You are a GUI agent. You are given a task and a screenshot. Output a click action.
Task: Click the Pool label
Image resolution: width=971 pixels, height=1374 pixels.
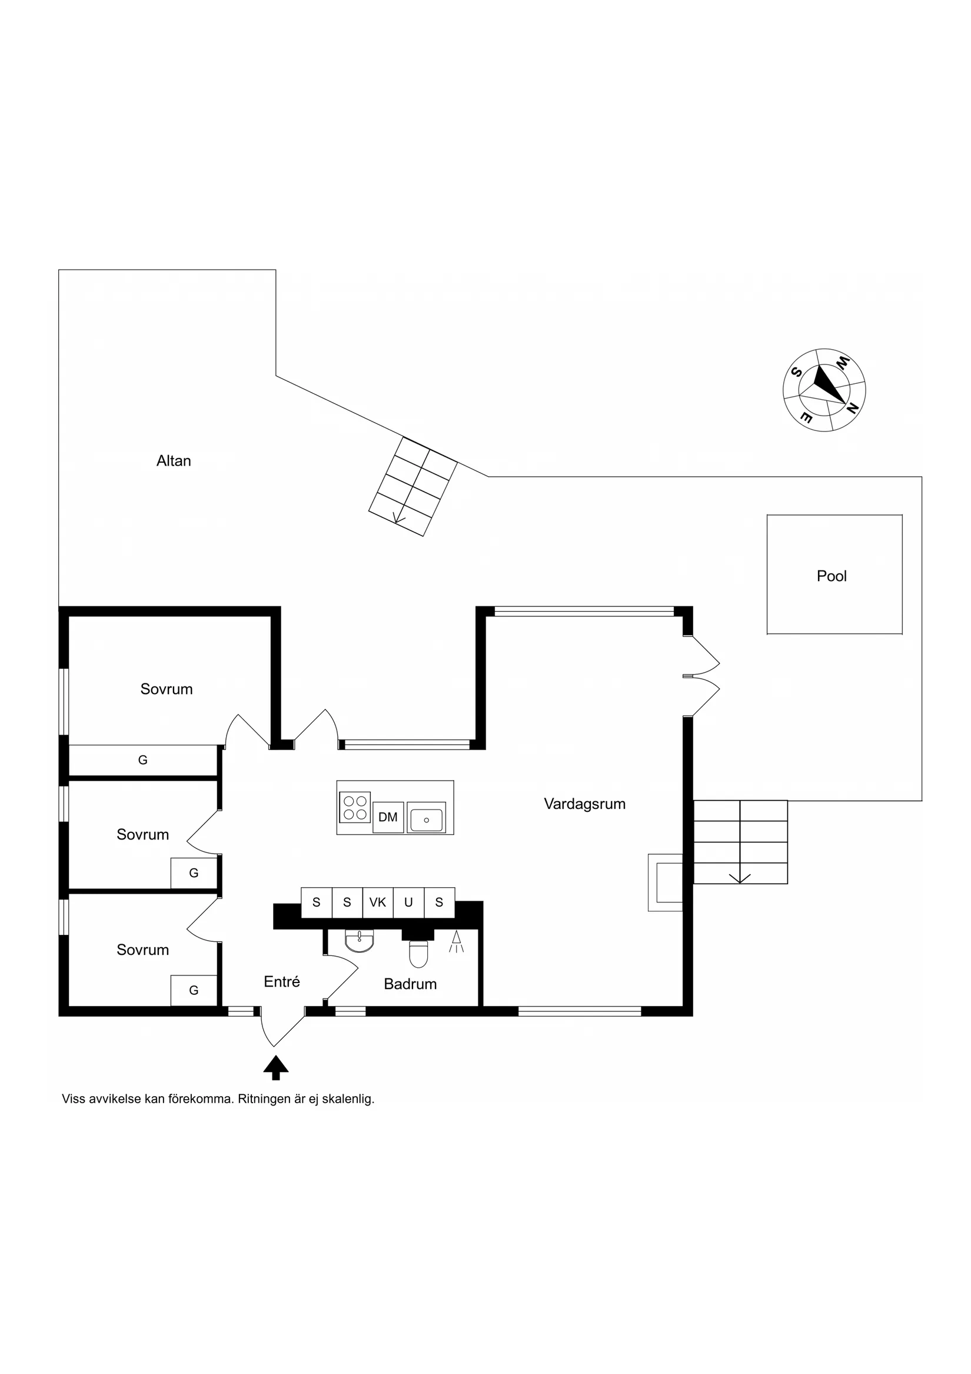832,576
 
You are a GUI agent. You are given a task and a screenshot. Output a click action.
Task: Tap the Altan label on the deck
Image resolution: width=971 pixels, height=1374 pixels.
174,461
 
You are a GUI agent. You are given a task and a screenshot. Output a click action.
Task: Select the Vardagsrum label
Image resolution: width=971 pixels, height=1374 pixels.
584,804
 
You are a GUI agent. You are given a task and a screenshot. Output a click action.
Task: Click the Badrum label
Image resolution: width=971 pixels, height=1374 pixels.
410,984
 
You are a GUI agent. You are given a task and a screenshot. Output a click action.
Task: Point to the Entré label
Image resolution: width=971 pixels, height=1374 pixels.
282,981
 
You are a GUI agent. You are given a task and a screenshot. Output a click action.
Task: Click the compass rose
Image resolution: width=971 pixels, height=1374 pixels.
824,390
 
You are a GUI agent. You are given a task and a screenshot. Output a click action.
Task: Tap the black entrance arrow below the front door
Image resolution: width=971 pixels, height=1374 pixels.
276,1068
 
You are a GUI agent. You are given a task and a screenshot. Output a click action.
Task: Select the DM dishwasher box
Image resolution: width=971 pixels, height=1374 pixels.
388,817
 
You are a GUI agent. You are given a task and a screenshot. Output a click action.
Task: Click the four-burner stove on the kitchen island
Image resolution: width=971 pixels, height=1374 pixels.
355,807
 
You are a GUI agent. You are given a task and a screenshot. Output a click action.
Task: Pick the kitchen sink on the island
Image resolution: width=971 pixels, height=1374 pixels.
427,818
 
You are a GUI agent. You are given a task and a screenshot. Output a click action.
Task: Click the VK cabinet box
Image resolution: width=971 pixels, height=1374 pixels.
377,902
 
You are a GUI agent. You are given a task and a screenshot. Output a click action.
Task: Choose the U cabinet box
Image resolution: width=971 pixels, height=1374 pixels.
408,902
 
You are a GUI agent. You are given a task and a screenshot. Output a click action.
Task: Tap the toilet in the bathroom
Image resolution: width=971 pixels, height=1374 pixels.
419,952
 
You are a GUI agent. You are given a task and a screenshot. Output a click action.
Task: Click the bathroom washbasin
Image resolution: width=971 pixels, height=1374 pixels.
360,940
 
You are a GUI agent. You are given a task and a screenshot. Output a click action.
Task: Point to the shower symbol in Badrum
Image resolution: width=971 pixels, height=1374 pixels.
457,941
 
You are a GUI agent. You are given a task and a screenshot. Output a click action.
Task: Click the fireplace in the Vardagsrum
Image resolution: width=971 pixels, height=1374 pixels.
665,882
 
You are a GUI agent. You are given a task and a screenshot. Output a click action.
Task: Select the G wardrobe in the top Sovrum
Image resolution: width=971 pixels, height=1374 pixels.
142,760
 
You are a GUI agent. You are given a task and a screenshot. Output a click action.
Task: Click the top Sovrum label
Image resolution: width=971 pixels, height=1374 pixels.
167,689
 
